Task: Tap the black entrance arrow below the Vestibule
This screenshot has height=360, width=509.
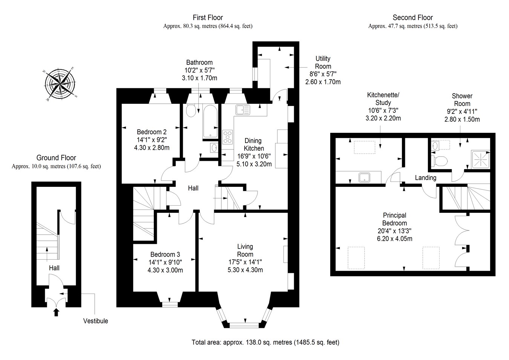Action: click(x=57, y=312)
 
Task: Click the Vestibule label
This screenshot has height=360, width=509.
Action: click(x=95, y=321)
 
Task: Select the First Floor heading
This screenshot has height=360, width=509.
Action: click(x=208, y=17)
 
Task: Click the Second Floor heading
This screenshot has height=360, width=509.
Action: click(x=412, y=17)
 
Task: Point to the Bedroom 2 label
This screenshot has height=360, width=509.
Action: click(x=152, y=132)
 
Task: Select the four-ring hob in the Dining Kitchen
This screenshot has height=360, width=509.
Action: click(x=227, y=137)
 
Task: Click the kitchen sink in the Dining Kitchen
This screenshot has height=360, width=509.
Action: click(x=243, y=110)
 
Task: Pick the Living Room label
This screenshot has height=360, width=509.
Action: click(x=245, y=250)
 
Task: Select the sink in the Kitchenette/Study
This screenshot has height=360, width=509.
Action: click(x=364, y=177)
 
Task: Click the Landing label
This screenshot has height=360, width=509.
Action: click(x=425, y=178)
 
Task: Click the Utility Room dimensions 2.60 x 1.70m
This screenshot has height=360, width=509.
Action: click(x=323, y=82)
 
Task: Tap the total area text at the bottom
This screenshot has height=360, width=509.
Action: click(x=265, y=343)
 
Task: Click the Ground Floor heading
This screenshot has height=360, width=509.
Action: click(x=56, y=158)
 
